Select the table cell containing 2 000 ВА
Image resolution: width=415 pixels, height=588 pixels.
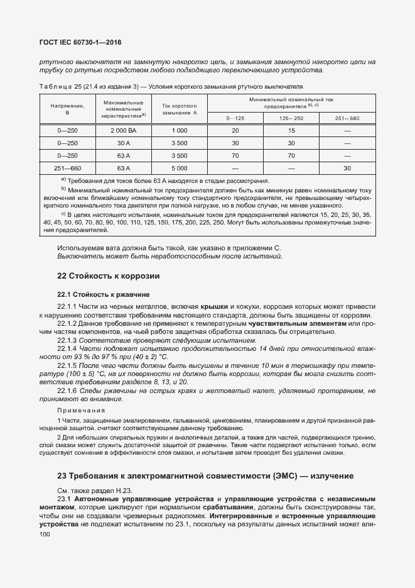pos(124,130)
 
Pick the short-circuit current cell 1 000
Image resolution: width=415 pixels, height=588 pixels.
pos(180,130)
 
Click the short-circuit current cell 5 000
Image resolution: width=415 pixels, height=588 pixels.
pos(180,168)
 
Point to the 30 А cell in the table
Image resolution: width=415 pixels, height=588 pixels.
pos(124,143)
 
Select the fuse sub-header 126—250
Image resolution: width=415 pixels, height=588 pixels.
pos(291,118)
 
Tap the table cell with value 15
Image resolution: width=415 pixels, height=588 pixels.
pos(291,130)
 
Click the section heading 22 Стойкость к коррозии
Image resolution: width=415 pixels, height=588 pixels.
pos(109,275)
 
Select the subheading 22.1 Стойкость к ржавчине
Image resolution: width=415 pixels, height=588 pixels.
pos(103,294)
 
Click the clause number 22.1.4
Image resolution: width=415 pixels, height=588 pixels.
pos(67,348)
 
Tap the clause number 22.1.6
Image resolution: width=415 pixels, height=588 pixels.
pos(67,391)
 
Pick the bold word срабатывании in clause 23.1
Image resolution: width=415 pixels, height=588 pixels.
pos(228,507)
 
